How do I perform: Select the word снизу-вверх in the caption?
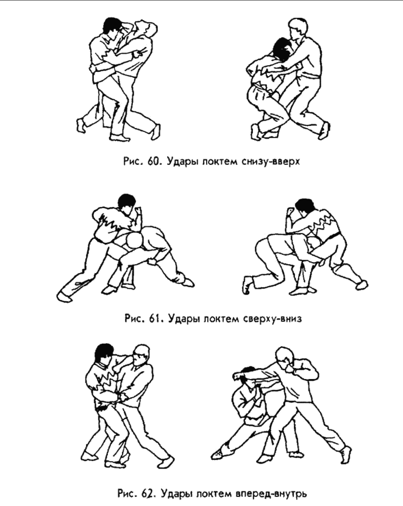pyautogui.click(x=271, y=162)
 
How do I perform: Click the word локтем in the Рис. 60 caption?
pyautogui.click(x=220, y=162)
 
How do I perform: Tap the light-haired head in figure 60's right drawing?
pyautogui.click(x=298, y=28)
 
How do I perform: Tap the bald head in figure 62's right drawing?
pyautogui.click(x=284, y=358)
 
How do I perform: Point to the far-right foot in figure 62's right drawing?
pyautogui.click(x=345, y=455)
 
